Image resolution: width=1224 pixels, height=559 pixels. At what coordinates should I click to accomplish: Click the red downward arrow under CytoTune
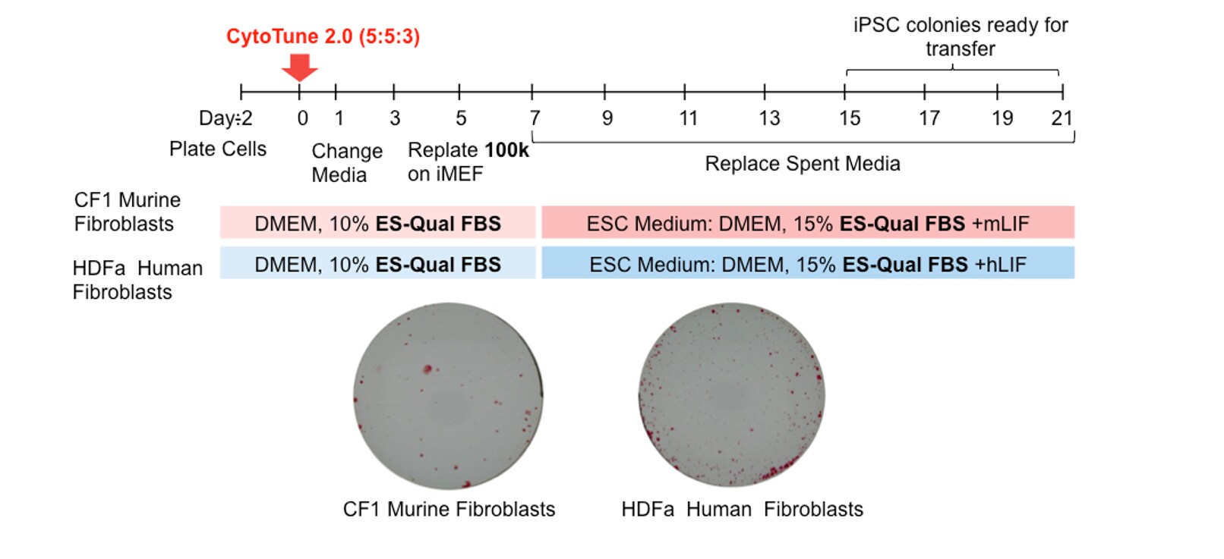pyautogui.click(x=299, y=67)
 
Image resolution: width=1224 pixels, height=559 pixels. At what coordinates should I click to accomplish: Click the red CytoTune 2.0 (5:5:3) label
pyautogui.click(x=323, y=36)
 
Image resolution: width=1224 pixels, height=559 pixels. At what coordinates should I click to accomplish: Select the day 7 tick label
pyautogui.click(x=535, y=118)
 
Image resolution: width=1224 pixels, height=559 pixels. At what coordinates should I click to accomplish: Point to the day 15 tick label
pyautogui.click(x=849, y=118)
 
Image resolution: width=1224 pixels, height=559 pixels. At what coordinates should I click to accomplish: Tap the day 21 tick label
pyautogui.click(x=1062, y=118)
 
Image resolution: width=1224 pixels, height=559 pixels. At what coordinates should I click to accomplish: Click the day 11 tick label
pyautogui.click(x=688, y=118)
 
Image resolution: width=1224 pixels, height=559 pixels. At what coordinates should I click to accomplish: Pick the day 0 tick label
pyautogui.click(x=302, y=118)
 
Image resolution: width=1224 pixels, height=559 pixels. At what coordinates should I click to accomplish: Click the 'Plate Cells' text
pyautogui.click(x=217, y=149)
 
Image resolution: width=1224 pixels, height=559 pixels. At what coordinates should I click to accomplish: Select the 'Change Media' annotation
pyautogui.click(x=346, y=163)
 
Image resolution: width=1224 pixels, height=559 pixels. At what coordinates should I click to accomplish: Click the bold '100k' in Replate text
pyautogui.click(x=506, y=150)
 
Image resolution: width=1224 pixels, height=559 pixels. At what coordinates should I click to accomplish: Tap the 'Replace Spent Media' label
pyautogui.click(x=802, y=164)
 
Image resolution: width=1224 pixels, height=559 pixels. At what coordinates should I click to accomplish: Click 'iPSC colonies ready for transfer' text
pyautogui.click(x=960, y=36)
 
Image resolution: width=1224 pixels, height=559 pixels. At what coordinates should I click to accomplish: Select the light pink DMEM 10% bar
pyautogui.click(x=377, y=223)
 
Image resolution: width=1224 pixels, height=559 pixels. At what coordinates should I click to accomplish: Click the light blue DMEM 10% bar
pyautogui.click(x=377, y=264)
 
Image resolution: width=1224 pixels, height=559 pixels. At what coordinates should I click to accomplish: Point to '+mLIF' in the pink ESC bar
pyautogui.click(x=1000, y=224)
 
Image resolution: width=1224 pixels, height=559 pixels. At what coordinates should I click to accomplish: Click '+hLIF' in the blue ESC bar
pyautogui.click(x=1000, y=265)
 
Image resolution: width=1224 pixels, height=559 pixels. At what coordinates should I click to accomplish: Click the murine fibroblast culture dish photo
pyautogui.click(x=448, y=396)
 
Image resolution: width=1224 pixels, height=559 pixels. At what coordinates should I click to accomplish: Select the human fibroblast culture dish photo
pyautogui.click(x=731, y=394)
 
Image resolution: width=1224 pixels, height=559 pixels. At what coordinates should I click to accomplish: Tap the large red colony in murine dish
pyautogui.click(x=427, y=369)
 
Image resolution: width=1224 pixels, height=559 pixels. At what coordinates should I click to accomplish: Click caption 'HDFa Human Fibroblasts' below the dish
pyautogui.click(x=742, y=509)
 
